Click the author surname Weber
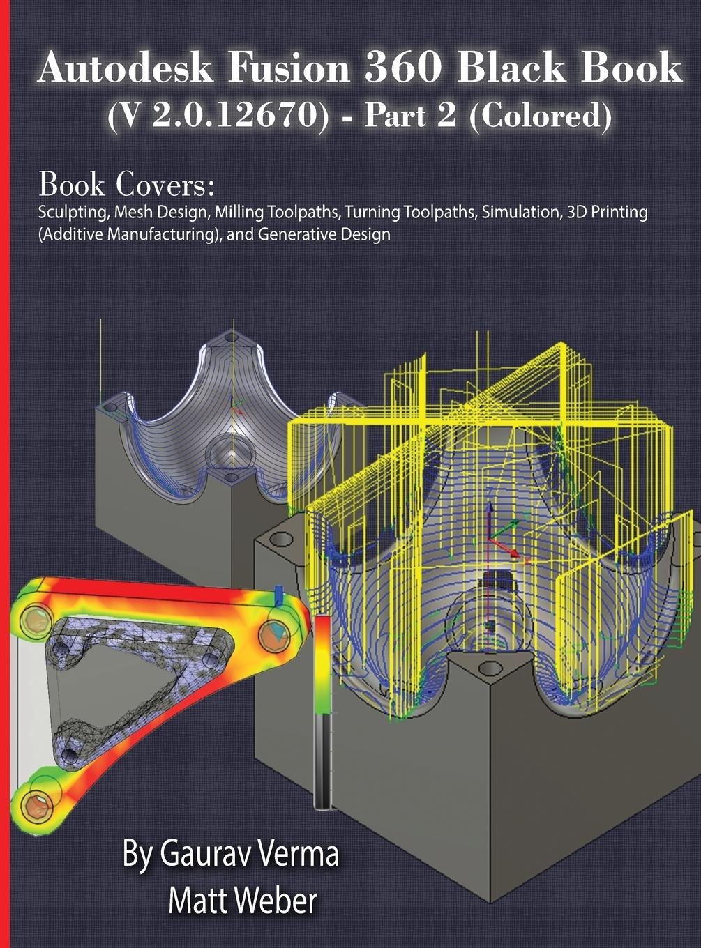[279, 901]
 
